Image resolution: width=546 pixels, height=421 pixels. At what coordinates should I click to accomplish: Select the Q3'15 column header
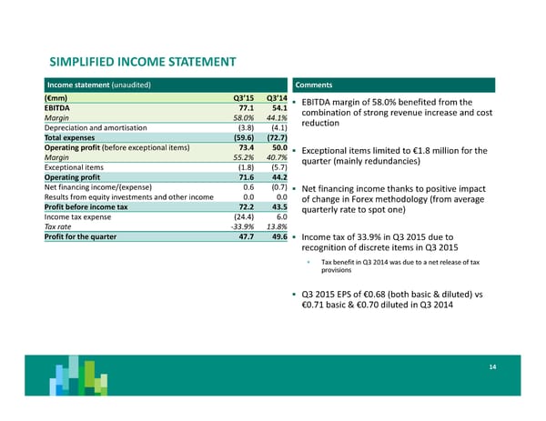[x=241, y=97]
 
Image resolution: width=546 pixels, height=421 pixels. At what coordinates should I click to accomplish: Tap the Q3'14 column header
[x=277, y=97]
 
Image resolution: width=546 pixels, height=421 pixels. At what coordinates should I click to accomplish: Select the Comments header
[x=313, y=85]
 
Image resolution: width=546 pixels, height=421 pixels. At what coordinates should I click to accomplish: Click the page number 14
[x=490, y=366]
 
